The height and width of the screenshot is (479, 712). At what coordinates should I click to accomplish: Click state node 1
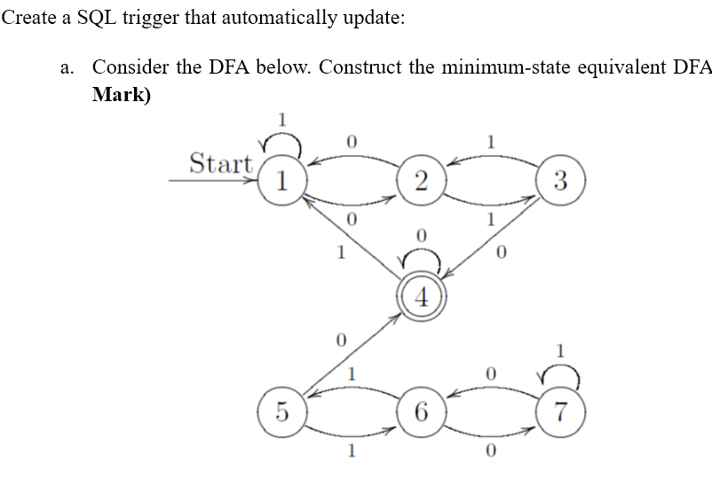click(x=281, y=184)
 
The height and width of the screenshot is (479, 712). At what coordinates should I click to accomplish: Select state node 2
click(x=420, y=184)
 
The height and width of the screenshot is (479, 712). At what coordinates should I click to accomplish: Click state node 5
click(x=281, y=412)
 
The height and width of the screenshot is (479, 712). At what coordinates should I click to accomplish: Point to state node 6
click(x=420, y=412)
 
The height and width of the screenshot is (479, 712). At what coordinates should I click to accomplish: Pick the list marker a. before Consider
click(x=70, y=68)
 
